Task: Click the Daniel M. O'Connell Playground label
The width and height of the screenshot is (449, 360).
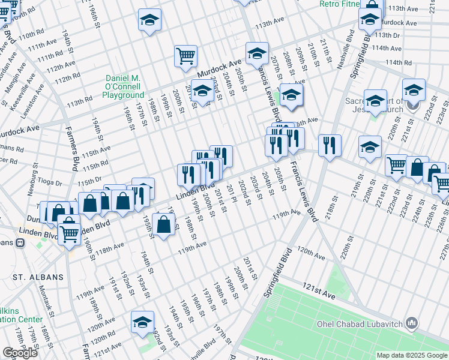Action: point(124,86)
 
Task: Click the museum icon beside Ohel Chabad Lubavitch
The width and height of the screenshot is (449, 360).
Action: point(412,324)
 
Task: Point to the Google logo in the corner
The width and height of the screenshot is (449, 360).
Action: point(20,353)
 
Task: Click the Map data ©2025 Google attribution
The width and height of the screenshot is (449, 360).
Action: point(412,355)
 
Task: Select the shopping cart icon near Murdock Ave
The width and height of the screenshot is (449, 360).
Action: point(186,56)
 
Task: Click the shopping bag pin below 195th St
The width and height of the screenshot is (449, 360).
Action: point(164,225)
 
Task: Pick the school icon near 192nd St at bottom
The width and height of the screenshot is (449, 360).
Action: point(143,322)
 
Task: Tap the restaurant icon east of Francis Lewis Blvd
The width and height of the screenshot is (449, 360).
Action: point(330,145)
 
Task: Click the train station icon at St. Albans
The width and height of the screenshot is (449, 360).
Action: point(20,243)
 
